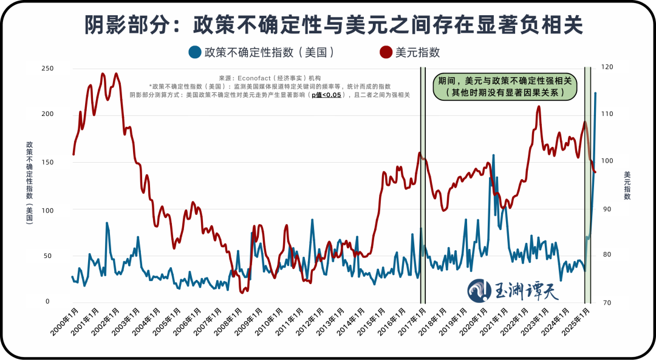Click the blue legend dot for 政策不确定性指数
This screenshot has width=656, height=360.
(x=195, y=52)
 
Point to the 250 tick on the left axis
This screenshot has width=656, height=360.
(x=47, y=69)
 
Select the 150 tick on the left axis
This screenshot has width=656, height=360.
(x=47, y=162)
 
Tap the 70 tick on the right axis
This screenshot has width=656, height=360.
(x=607, y=302)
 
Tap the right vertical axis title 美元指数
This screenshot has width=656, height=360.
(x=627, y=186)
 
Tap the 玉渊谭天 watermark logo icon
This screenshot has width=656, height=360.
(x=480, y=291)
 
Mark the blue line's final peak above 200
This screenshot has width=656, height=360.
(x=595, y=93)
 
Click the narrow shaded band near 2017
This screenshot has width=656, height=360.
(x=423, y=182)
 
